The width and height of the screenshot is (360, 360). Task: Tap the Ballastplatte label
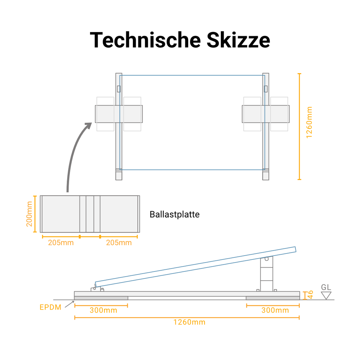coord(174,214)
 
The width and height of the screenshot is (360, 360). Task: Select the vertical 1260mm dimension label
coord(309,122)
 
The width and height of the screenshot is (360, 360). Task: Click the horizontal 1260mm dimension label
coord(189,322)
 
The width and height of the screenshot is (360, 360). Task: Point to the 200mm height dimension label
coord(30,214)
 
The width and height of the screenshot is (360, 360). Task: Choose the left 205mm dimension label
coord(61,243)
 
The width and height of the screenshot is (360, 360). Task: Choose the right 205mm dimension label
coord(119,243)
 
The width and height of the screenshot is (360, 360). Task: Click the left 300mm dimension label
coord(103,310)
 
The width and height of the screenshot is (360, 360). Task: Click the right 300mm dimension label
coord(275,310)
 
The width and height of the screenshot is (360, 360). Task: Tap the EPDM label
coord(50,307)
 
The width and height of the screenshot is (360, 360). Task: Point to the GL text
coord(326,287)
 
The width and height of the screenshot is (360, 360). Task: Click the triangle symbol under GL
coord(326,295)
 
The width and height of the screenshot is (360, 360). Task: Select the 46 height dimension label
coord(310,295)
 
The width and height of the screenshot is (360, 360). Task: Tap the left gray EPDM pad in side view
coord(101,298)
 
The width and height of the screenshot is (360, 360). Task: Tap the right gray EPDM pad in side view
coord(273,298)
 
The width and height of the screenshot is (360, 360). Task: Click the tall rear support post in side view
coord(266,274)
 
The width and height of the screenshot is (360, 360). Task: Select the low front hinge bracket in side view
coord(96,289)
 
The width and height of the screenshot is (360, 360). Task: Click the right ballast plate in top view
coord(266,114)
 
